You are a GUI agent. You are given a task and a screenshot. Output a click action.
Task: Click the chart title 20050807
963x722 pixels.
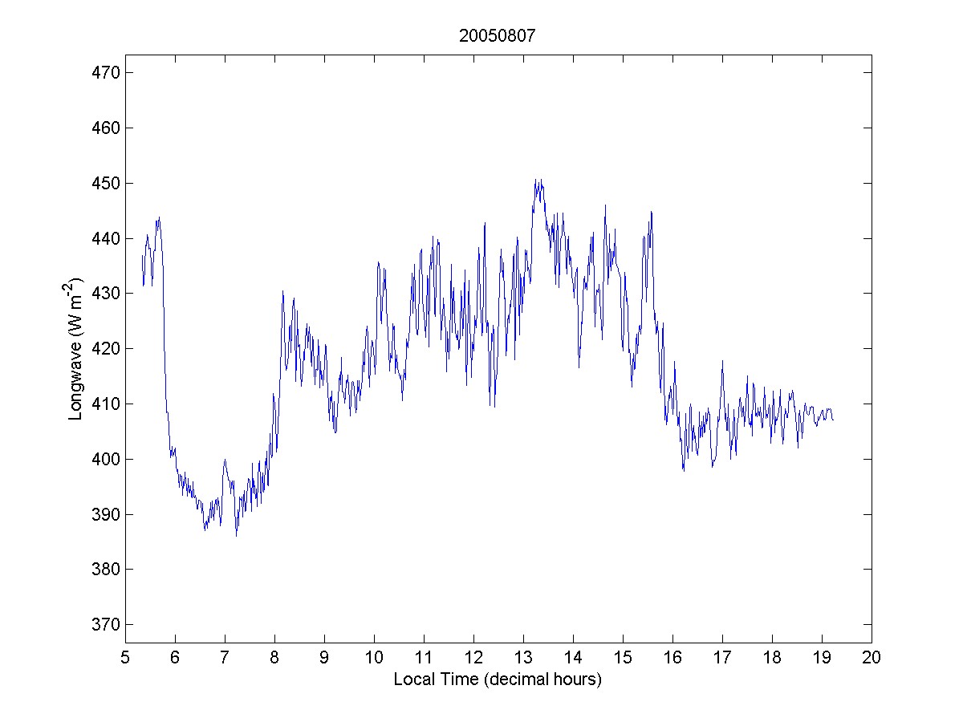pyautogui.click(x=498, y=36)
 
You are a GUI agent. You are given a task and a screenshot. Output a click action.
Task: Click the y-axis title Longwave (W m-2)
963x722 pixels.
pyautogui.click(x=76, y=348)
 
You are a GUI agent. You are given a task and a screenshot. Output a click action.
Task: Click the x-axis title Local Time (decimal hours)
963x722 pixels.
pyautogui.click(x=498, y=679)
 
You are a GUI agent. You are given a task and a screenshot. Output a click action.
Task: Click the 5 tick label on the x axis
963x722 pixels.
pyautogui.click(x=125, y=658)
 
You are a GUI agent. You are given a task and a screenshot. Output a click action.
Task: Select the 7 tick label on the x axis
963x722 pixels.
pyautogui.click(x=225, y=658)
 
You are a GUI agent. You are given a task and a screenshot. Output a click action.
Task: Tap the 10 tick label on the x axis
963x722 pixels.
pyautogui.click(x=374, y=658)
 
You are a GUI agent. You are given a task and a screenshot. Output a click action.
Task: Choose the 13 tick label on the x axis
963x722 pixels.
pyautogui.click(x=523, y=658)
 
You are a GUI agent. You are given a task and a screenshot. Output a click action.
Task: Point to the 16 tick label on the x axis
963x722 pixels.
pyautogui.click(x=672, y=658)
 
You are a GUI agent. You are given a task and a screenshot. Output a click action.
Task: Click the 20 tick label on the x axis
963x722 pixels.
pyautogui.click(x=872, y=658)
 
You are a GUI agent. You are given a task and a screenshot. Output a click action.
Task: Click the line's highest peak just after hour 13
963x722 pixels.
pyautogui.click(x=536, y=180)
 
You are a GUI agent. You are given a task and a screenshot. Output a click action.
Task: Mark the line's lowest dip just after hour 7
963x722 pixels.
pyautogui.click(x=236, y=535)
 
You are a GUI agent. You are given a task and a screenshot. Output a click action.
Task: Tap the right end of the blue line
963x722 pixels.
pyautogui.click(x=833, y=420)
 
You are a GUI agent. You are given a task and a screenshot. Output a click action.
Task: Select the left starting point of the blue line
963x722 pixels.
pyautogui.click(x=142, y=255)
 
